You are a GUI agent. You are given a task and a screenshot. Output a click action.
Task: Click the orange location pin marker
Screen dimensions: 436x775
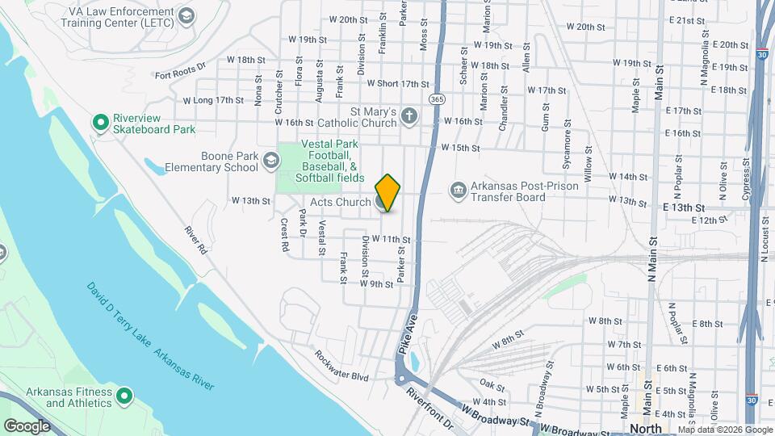tap(388, 192)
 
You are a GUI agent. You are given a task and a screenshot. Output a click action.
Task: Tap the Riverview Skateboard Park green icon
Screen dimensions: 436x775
tap(101, 122)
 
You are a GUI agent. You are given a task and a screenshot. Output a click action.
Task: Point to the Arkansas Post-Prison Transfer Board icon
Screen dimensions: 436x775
tap(458, 191)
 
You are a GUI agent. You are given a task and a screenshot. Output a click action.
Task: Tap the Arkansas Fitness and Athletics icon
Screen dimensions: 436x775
tap(124, 396)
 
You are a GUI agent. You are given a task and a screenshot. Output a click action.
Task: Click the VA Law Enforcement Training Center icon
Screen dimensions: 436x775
tap(186, 16)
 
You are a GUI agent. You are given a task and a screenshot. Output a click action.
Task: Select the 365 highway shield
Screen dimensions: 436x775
tap(437, 99)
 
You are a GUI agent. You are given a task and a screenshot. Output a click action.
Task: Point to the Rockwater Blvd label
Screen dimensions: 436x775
tap(341, 366)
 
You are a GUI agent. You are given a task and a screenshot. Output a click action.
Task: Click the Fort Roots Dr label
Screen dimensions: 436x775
tap(181, 73)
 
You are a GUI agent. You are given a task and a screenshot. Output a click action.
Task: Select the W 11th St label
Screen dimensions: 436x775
tap(391, 239)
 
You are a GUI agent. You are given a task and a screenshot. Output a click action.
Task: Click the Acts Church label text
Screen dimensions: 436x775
tap(340, 202)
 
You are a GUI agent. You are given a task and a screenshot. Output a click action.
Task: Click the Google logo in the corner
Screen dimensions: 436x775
tap(27, 426)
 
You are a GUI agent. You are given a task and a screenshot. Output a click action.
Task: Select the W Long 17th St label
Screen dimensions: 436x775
tap(213, 100)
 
